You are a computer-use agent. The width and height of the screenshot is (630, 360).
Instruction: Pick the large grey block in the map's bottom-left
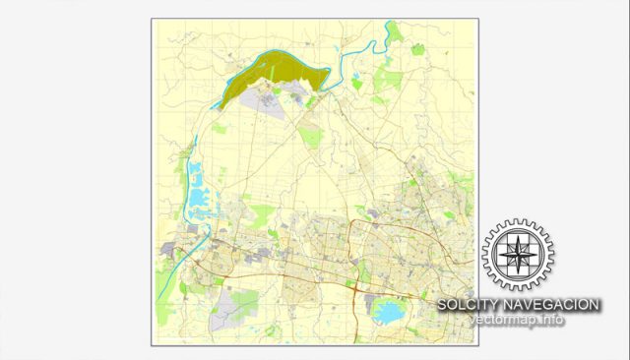[x=227, y=310]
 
